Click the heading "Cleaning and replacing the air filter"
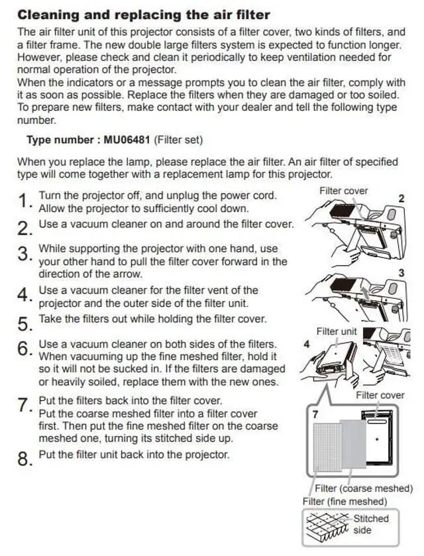click(x=144, y=15)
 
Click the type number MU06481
click(x=127, y=140)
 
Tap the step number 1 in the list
click(x=24, y=201)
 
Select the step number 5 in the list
click(x=25, y=323)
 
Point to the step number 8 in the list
click(x=25, y=459)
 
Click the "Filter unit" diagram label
click(x=337, y=331)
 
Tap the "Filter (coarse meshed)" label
click(x=364, y=488)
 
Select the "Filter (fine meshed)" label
click(x=344, y=502)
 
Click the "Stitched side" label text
click(x=371, y=524)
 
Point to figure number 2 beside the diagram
click(x=401, y=199)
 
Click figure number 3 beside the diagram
click(x=401, y=273)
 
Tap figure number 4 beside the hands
click(x=307, y=345)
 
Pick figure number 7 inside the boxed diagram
click(x=315, y=414)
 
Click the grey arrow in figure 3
click(x=363, y=293)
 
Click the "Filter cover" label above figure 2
click(x=344, y=191)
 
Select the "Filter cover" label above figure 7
click(x=380, y=395)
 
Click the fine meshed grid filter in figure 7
click(x=327, y=447)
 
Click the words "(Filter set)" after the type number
click(x=178, y=140)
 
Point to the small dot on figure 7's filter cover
click(x=377, y=439)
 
